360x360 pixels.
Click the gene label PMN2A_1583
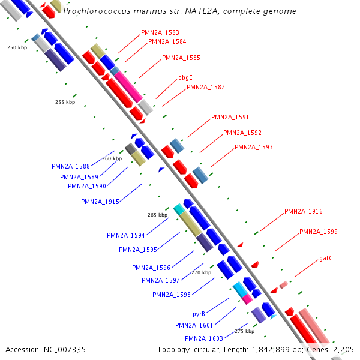pos(160,32)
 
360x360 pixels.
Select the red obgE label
pos(185,77)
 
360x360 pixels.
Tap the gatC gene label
pos(326,258)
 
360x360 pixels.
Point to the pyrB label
pos(199,314)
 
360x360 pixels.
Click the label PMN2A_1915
pos(100,202)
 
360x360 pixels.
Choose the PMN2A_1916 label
pos(303,211)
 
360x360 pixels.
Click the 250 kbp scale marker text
pos(17,47)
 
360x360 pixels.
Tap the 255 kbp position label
pos(65,102)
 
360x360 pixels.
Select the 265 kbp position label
pos(157,215)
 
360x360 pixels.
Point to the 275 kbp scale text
pos(245,331)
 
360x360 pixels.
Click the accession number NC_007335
pos(65,350)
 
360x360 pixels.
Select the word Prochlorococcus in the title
pos(97,11)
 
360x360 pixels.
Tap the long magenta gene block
pos(128,86)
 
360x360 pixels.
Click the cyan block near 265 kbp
pos(179,209)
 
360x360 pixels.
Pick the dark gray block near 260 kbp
pos(131,149)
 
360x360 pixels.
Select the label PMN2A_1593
pos(254,147)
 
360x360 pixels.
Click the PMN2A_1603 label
pos(204,338)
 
